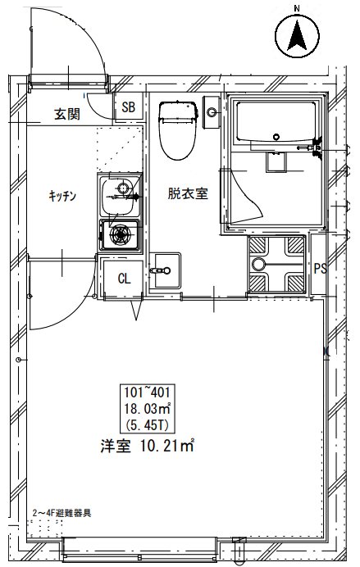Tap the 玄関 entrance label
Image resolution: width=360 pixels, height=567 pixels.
pyautogui.click(x=67, y=114)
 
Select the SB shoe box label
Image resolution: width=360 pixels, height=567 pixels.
pyautogui.click(x=129, y=107)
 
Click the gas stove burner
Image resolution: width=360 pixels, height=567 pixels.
pyautogui.click(x=121, y=236)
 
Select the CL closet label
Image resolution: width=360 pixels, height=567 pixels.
pyautogui.click(x=124, y=279)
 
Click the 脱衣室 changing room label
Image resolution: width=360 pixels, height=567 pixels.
pyautogui.click(x=188, y=194)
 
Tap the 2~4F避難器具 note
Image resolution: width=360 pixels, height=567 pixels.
pyautogui.click(x=62, y=512)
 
